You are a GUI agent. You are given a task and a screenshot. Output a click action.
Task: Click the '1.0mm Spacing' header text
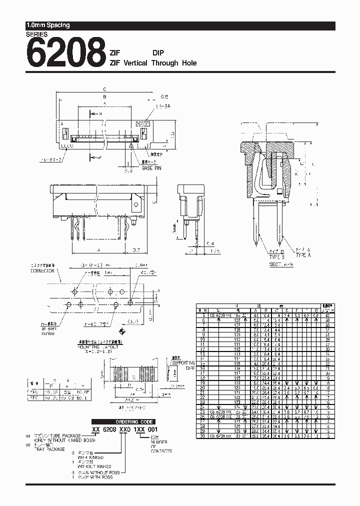point(48,25)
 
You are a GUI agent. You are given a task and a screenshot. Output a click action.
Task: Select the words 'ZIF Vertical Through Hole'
point(153,63)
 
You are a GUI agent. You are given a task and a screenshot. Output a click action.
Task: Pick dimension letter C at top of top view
point(104,88)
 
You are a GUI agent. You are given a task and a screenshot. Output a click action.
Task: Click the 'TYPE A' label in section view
point(303,255)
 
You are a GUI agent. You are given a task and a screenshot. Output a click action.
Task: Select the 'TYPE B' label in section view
point(276,255)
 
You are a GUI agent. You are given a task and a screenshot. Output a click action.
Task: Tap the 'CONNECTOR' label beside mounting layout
point(42,271)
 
